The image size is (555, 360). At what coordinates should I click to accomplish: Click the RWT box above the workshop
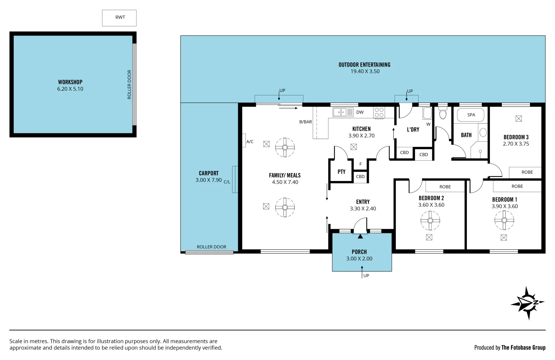pos(119,18)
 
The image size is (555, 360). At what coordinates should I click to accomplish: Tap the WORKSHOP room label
pos(70,82)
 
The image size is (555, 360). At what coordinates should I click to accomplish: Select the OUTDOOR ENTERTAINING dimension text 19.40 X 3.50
pos(365,71)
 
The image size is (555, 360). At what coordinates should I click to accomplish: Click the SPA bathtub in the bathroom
pos(471,115)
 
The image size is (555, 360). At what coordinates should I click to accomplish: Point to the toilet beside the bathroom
pos(443,114)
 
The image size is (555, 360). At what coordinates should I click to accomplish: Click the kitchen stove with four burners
pos(379,112)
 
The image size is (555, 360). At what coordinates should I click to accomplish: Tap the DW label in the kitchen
pos(360,112)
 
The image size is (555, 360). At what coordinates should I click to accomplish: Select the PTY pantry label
pos(341,172)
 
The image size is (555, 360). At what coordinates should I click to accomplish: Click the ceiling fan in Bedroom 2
pos(430,221)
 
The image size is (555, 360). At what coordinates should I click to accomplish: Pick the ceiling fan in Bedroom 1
pos(504,220)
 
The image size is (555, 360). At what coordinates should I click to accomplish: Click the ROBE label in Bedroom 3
pos(527,172)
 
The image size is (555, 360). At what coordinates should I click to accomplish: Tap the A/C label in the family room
pos(249,142)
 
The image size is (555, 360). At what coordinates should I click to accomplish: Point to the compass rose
pos(527,303)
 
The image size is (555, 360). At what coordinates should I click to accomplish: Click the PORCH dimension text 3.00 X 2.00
pos(359,259)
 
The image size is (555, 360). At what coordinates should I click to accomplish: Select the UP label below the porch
pos(366,276)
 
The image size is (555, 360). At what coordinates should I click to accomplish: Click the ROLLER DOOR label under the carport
pos(211,247)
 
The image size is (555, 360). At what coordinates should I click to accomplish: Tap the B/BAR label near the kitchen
pos(305,122)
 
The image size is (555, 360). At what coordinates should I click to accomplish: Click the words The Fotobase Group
pos(523,348)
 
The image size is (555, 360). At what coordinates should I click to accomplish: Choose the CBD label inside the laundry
pos(404,153)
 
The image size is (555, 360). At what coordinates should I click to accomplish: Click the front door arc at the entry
pos(360,225)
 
